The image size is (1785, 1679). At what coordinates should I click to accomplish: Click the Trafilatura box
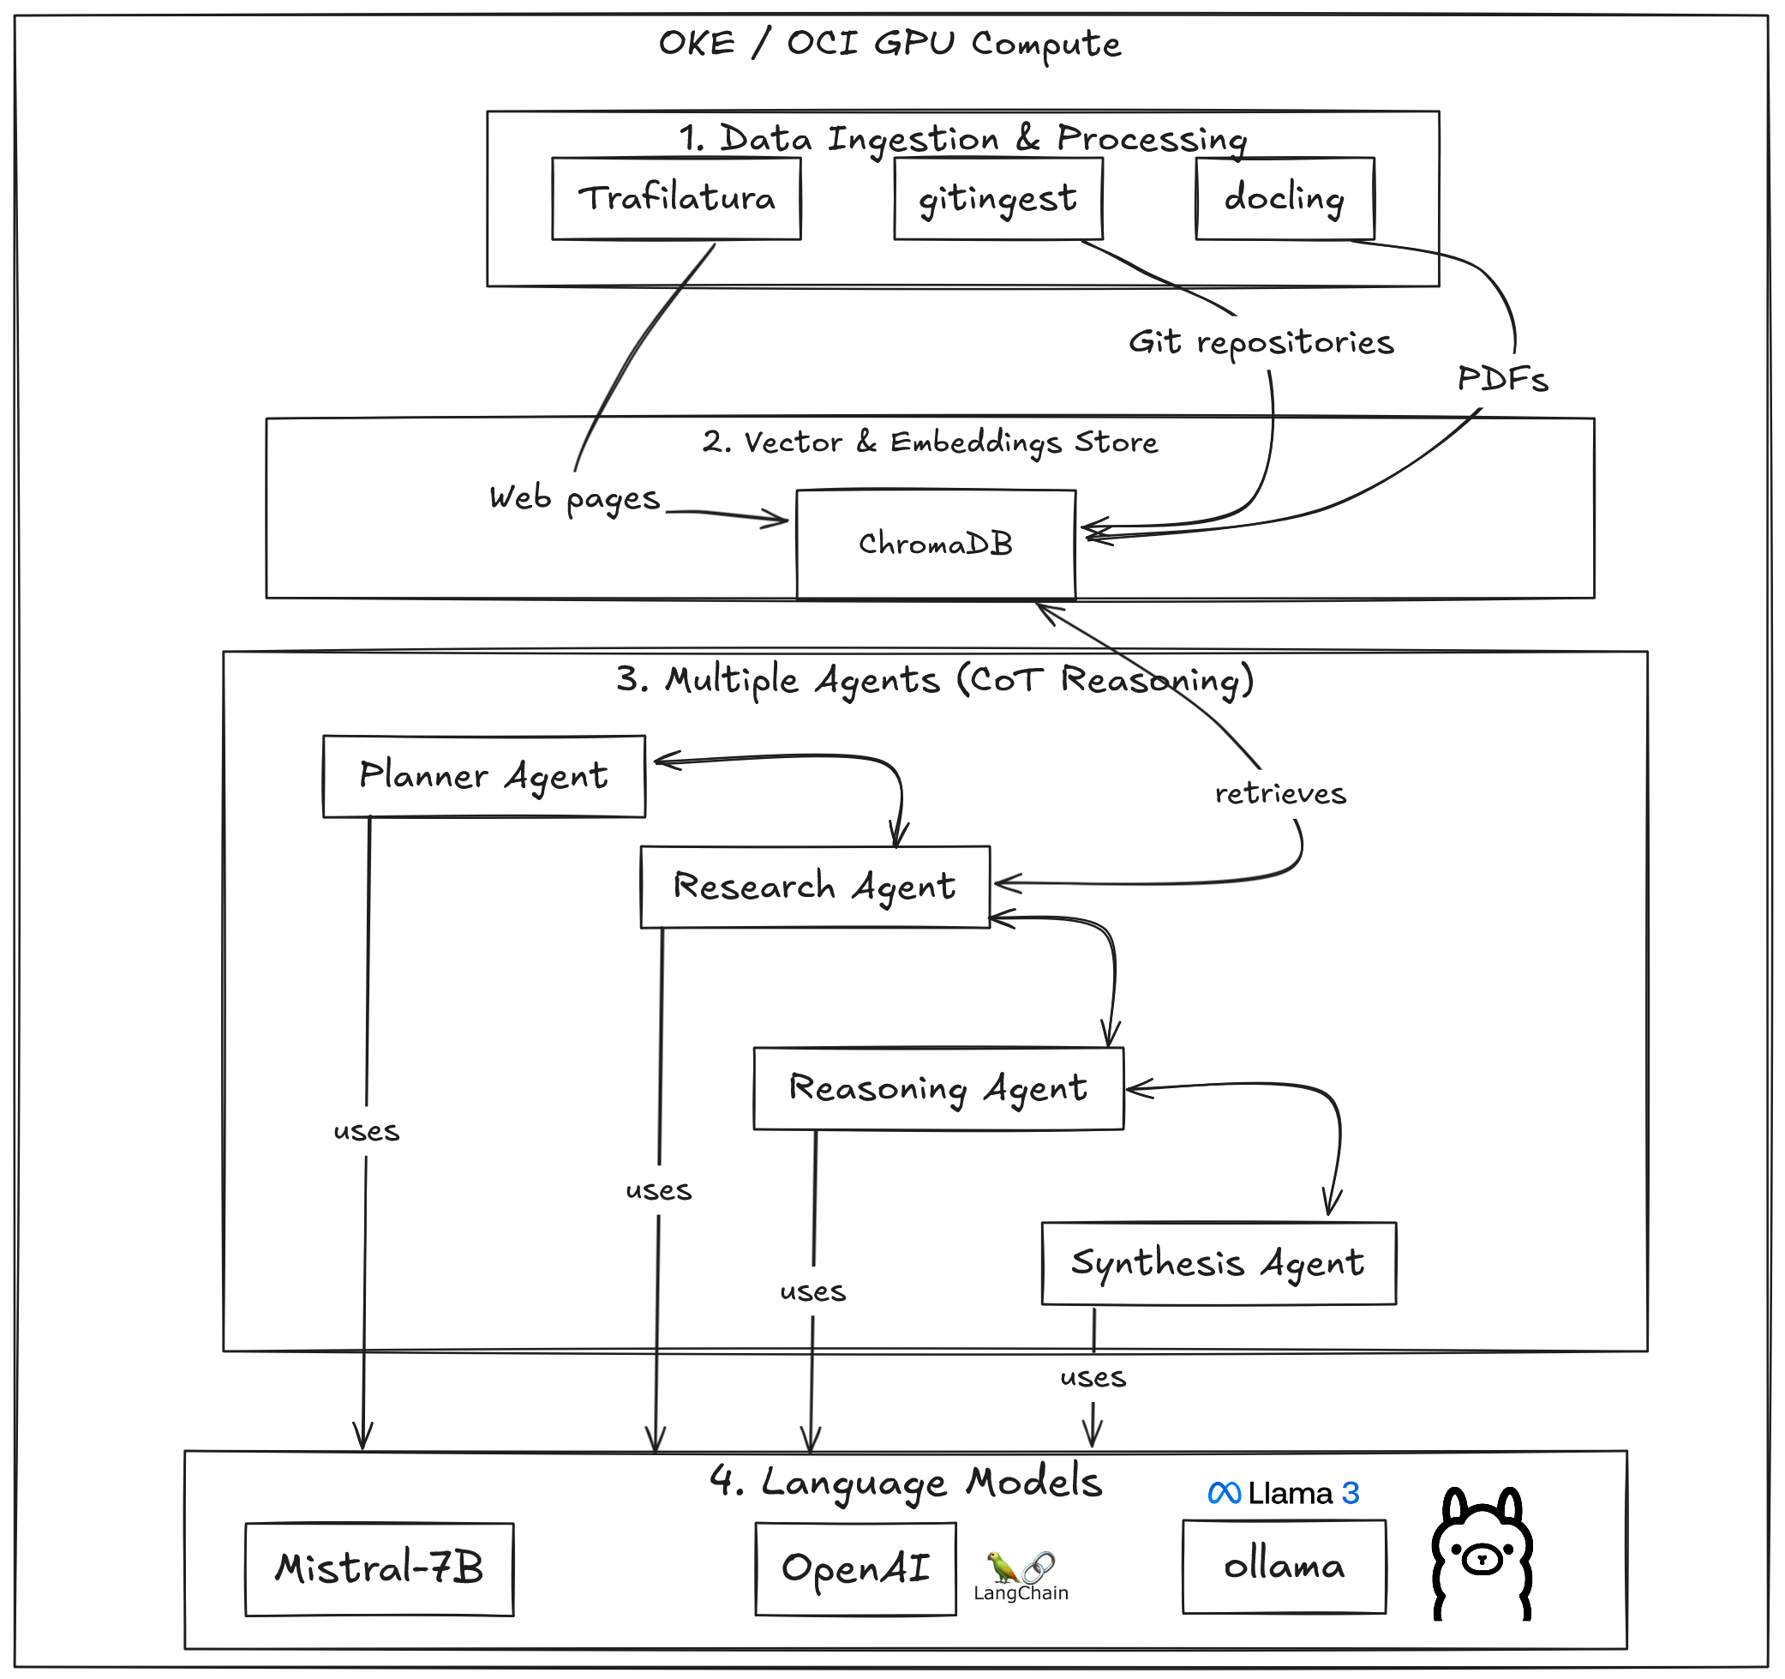[x=676, y=199]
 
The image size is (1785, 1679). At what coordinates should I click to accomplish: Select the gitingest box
[x=997, y=199]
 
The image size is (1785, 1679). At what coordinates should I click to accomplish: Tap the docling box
[x=1284, y=199]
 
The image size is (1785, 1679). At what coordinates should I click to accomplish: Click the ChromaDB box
[x=936, y=544]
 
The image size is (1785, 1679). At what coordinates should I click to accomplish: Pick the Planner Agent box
[x=484, y=776]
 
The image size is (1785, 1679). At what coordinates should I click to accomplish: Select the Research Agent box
[x=814, y=887]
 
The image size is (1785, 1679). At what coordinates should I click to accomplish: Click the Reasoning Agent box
[x=938, y=1088]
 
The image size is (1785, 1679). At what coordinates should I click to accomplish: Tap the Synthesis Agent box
[x=1219, y=1263]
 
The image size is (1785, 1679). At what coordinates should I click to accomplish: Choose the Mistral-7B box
[x=379, y=1568]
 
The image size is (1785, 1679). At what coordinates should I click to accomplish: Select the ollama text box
[x=1284, y=1567]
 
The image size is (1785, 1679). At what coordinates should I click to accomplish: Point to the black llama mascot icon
[x=1483, y=1555]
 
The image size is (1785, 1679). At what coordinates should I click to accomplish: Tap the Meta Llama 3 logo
[x=1283, y=1493]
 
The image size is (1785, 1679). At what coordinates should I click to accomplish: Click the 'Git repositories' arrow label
[x=1261, y=342]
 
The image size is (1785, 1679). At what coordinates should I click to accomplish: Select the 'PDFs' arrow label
[x=1502, y=379]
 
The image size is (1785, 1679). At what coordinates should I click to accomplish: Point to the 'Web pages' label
[x=575, y=497]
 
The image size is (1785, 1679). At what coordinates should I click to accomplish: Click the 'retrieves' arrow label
[x=1280, y=794]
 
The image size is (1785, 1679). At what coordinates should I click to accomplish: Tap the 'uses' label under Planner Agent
[x=366, y=1131]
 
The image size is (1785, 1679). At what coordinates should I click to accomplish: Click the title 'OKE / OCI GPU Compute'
[x=890, y=43]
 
